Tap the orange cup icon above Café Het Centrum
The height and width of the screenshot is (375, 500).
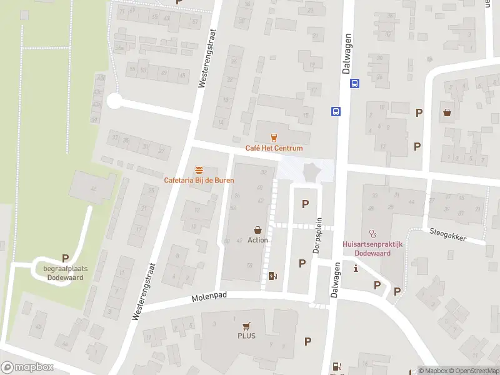[x=272, y=137]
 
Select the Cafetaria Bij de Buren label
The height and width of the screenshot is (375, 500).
[x=198, y=181]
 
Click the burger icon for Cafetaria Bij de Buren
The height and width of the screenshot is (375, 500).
[x=199, y=170]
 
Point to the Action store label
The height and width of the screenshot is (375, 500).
[x=257, y=240]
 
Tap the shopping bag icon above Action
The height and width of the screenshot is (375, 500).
[x=257, y=230]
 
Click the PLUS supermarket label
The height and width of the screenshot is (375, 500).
[x=246, y=336]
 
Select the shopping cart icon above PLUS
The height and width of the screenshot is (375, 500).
[x=246, y=326]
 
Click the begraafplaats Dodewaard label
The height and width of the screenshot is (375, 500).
[x=66, y=273]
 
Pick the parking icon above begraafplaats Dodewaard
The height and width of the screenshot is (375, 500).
[x=65, y=258]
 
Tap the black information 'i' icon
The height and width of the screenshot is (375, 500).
[x=356, y=269]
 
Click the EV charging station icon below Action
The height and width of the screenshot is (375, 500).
[x=271, y=276]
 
